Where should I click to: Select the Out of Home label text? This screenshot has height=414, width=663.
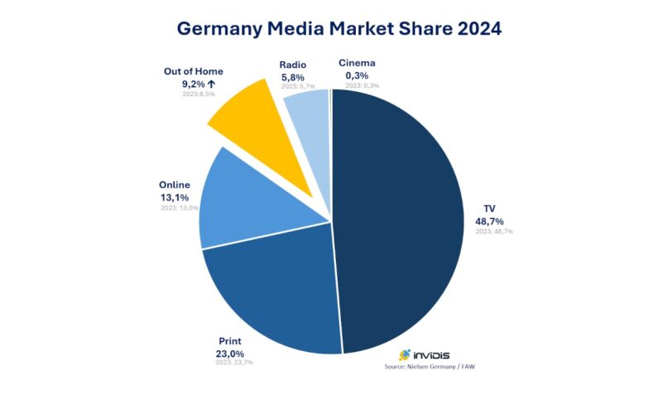click(x=194, y=71)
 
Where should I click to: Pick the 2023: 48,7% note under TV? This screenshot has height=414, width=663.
click(x=494, y=232)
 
